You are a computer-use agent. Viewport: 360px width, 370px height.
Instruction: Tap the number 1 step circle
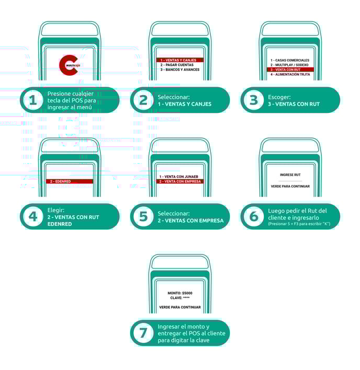33,100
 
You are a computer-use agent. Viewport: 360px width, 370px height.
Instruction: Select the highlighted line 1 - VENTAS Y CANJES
180,60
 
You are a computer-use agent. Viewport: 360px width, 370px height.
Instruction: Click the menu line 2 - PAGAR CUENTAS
177,65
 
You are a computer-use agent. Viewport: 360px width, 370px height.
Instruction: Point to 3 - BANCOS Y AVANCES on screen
180,70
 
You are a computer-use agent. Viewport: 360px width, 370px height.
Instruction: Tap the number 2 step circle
143,100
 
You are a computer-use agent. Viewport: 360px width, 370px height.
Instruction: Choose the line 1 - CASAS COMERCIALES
290,60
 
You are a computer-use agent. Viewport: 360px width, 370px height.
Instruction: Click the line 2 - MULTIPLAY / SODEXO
289,65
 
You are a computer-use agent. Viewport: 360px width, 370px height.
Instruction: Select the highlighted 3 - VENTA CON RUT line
290,70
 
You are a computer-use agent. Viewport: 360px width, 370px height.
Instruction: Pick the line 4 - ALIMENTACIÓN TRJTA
290,74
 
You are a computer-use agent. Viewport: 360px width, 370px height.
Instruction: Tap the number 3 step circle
254,100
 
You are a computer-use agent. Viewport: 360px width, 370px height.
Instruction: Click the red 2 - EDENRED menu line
70,181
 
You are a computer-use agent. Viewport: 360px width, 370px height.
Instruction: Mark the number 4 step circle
33,216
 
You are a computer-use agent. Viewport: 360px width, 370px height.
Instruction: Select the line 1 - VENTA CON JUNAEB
179,177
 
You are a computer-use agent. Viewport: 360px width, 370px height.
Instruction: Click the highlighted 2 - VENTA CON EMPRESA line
180,181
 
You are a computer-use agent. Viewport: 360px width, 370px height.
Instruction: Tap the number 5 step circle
143,216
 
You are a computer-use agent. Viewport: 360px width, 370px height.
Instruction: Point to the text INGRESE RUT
290,175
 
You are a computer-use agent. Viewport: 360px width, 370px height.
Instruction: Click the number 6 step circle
254,216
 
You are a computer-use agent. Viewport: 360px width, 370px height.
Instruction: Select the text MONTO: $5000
180,293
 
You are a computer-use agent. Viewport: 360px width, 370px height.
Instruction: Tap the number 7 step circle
143,333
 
